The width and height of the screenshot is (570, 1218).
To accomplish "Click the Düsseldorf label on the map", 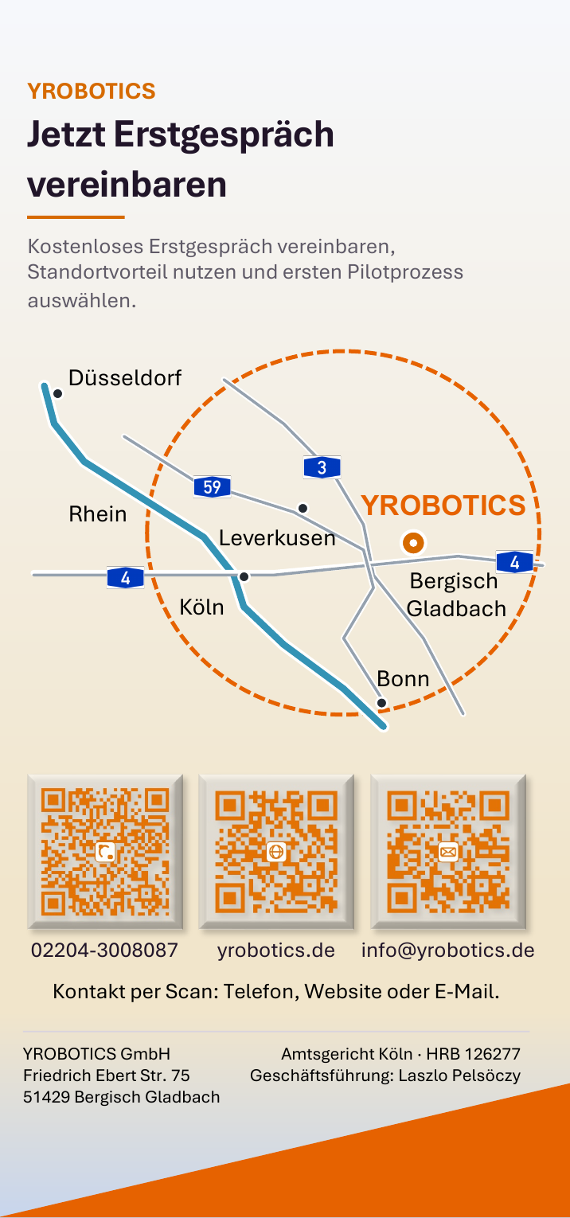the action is pyautogui.click(x=124, y=378).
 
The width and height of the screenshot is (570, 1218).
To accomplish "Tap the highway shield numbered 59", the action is pyautogui.click(x=212, y=486).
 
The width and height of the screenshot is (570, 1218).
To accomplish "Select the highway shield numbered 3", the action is pyautogui.click(x=322, y=467).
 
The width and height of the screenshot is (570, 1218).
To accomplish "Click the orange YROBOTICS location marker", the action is pyautogui.click(x=413, y=543).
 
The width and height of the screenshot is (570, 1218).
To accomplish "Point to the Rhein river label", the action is pyautogui.click(x=97, y=513).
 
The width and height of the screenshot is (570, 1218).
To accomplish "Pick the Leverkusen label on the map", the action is pyautogui.click(x=277, y=538).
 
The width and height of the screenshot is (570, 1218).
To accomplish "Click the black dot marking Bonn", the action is pyautogui.click(x=382, y=703).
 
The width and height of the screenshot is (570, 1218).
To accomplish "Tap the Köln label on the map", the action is pyautogui.click(x=201, y=607).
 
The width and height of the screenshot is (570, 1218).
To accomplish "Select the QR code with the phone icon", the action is pyautogui.click(x=105, y=852).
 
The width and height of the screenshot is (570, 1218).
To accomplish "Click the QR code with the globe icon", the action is pyautogui.click(x=276, y=852).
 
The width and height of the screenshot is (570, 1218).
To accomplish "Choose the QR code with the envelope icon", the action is pyautogui.click(x=448, y=852).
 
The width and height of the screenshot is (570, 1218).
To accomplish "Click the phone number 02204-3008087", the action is pyautogui.click(x=104, y=950).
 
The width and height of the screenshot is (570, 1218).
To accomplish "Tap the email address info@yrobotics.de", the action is pyautogui.click(x=448, y=950).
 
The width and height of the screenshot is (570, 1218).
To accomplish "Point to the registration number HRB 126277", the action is pyautogui.click(x=473, y=1054).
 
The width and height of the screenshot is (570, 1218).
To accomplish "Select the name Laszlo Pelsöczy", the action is pyautogui.click(x=459, y=1076).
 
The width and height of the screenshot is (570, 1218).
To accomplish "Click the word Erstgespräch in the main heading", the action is pyautogui.click(x=224, y=135).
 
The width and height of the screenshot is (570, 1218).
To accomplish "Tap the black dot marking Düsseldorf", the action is pyautogui.click(x=57, y=393).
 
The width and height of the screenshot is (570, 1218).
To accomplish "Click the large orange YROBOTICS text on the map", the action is pyautogui.click(x=443, y=506).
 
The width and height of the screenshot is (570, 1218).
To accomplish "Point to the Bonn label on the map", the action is pyautogui.click(x=403, y=678).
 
